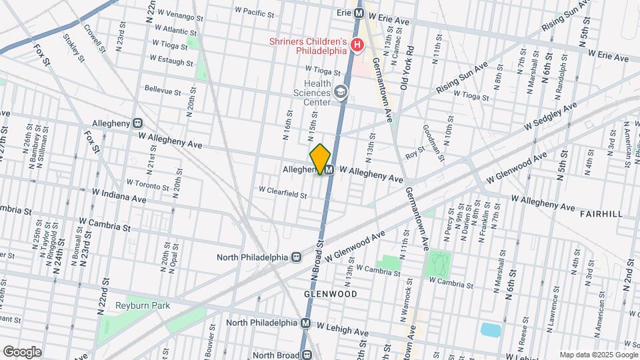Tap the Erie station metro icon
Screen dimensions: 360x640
[359, 13]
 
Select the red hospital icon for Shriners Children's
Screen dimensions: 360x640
[357, 45]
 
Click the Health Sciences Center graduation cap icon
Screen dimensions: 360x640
[341, 92]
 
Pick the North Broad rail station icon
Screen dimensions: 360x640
[307, 355]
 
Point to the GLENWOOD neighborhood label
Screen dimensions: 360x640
[331, 293]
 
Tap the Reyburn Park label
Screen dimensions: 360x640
[142, 305]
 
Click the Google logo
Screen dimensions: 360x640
[22, 351]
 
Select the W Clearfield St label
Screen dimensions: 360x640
[283, 195]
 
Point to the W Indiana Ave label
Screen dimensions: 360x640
[119, 199]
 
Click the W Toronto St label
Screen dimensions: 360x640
[147, 185]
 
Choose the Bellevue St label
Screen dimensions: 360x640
[163, 91]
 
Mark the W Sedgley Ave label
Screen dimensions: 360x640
[550, 117]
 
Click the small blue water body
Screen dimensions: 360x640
[490, 329]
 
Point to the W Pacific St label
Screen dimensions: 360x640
[255, 13]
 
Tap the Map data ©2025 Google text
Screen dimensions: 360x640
[597, 355]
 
